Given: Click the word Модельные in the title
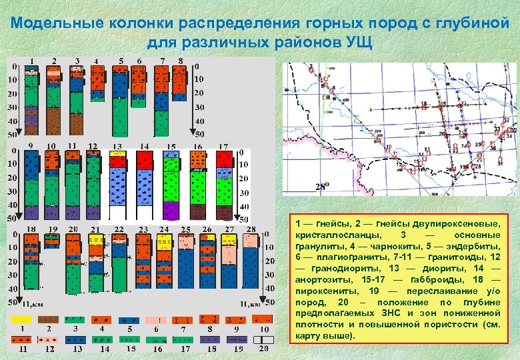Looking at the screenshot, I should (x=51, y=23).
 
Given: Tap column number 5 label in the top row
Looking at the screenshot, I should (x=121, y=61).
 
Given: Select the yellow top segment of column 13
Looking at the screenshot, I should (x=118, y=153).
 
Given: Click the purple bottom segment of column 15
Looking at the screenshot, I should (x=171, y=210).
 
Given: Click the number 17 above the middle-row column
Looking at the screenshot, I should (x=224, y=146).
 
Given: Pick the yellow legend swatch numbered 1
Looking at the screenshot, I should (x=23, y=319).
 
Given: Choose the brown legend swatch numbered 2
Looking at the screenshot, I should (x=49, y=319).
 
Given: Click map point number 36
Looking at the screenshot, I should (x=505, y=127).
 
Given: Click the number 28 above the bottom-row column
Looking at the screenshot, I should (x=251, y=229).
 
